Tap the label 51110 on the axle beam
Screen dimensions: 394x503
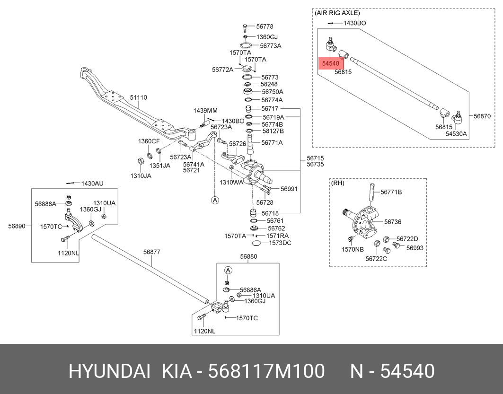pos(139,97)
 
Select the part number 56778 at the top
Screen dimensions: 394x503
pos(265,27)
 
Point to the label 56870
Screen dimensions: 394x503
pos(483,116)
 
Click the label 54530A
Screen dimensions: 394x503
pos(456,134)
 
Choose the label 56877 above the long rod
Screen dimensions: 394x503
pos(151,252)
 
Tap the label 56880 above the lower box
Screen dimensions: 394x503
pos(248,256)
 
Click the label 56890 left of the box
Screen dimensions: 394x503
pos(16,226)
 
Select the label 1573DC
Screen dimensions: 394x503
pos(280,243)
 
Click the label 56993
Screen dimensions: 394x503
pos(415,247)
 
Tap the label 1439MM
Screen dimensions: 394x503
pos(205,110)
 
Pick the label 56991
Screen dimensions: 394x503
pos(289,189)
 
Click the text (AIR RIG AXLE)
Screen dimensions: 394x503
pos(337,13)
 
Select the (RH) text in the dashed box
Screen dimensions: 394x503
pos(338,183)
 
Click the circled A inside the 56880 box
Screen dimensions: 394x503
pos(228,270)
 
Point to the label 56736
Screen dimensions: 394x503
pos(392,221)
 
